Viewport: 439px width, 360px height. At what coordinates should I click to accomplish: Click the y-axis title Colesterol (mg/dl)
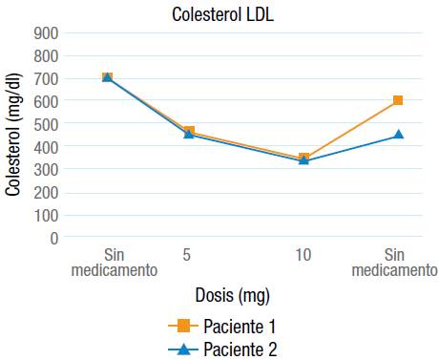[x=12, y=134]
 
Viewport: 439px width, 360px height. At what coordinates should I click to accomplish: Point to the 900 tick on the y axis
[x=47, y=32]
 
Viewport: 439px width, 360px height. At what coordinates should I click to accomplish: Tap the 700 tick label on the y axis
[x=47, y=78]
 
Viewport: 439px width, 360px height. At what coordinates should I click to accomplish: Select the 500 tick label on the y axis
[x=47, y=123]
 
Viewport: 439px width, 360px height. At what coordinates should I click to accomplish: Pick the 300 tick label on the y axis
[x=47, y=169]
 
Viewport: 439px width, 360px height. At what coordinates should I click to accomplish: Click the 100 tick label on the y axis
[x=47, y=215]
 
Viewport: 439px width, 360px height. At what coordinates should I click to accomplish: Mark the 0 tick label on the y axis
[x=54, y=238]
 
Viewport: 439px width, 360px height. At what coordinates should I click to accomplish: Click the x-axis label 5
[x=188, y=255]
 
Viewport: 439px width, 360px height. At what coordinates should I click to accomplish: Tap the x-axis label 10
[x=303, y=255]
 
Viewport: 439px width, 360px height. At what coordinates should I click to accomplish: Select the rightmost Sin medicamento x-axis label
[x=394, y=263]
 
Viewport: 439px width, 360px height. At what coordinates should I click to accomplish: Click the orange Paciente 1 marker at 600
[x=398, y=100]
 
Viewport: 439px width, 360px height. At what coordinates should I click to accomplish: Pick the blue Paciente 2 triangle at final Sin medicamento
[x=398, y=135]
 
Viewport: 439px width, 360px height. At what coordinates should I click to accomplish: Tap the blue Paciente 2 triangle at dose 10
[x=303, y=159]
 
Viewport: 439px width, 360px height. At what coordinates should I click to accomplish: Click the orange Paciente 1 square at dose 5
[x=189, y=132]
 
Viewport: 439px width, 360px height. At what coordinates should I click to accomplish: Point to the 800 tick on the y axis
[x=47, y=55]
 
